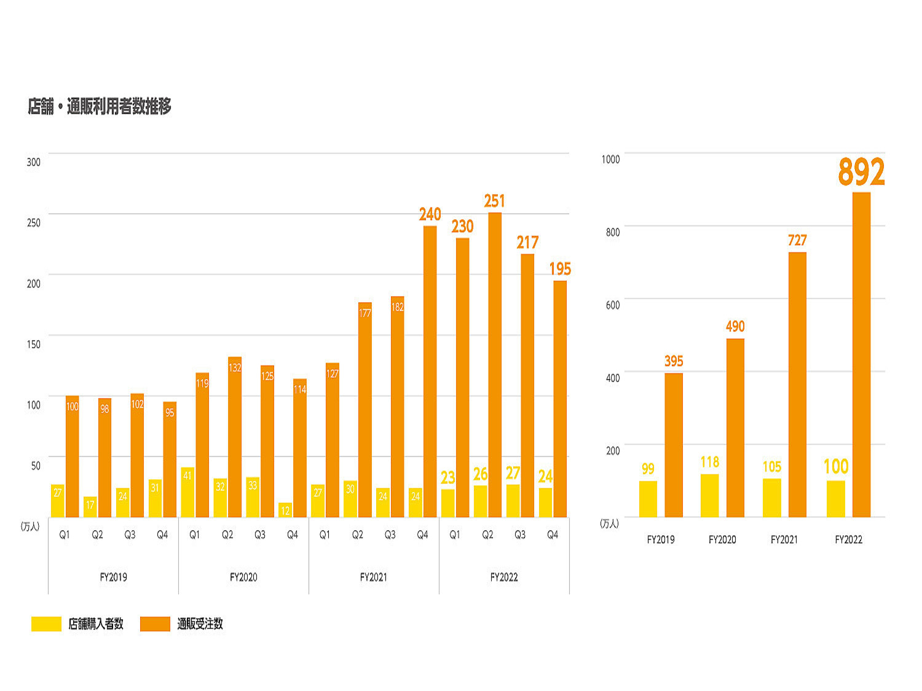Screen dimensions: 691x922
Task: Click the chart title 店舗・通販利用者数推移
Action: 100,107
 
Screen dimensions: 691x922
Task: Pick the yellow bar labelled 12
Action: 285,510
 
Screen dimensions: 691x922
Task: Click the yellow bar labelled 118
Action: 709,496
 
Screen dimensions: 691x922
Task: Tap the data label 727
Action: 797,240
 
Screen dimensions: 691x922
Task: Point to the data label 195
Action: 560,269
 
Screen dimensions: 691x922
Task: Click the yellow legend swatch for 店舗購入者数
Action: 46,624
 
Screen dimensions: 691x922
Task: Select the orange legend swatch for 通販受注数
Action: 155,624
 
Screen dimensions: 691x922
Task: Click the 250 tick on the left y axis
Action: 34,223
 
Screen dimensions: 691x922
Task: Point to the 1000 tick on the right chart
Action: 610,160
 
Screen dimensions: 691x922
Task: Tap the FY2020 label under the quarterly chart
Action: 243,577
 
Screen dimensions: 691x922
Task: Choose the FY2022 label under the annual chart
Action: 848,540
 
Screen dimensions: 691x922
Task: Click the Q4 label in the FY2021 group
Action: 422,535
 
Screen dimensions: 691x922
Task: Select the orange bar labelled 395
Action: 674,445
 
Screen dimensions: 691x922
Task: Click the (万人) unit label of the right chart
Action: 609,523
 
